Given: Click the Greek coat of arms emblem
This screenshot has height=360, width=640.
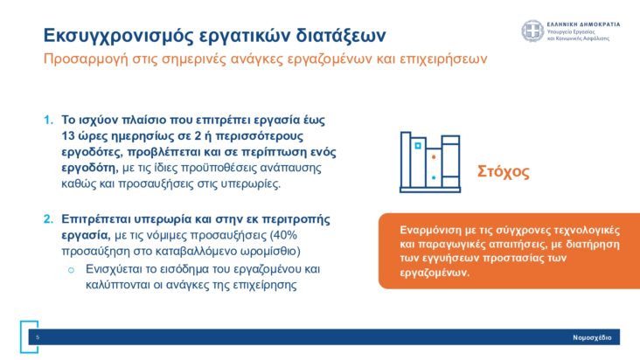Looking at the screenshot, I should click(532, 31).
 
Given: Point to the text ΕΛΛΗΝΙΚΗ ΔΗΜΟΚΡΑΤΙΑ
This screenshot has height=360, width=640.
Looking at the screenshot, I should click(583, 25).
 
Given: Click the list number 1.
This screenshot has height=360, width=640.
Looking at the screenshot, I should click(48, 119).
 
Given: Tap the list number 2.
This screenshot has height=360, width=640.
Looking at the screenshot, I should click(48, 218).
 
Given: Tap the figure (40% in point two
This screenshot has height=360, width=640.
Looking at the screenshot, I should click(283, 235).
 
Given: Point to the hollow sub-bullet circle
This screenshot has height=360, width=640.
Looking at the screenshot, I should click(73, 268).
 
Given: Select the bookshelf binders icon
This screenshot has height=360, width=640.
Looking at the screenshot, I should click(429, 163).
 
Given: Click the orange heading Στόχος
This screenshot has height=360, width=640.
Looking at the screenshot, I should click(503, 170).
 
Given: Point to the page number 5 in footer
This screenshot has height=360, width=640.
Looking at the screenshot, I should click(38, 337).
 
